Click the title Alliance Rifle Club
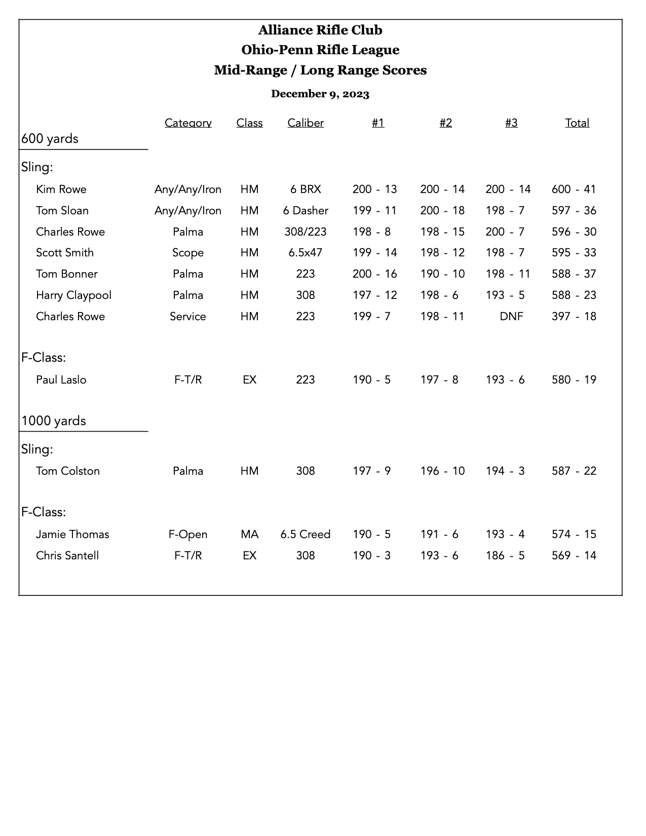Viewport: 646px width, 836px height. click(x=320, y=30)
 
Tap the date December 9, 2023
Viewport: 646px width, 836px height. click(x=320, y=94)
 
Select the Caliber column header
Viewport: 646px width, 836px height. click(x=306, y=123)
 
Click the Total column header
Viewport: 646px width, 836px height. click(x=577, y=123)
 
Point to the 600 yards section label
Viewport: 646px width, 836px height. click(x=50, y=138)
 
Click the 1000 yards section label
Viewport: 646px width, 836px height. click(x=54, y=421)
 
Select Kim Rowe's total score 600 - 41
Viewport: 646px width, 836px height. click(x=574, y=189)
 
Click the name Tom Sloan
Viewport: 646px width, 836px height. click(x=62, y=210)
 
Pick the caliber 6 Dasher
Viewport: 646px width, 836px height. click(x=306, y=210)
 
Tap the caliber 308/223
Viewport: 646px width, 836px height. click(x=306, y=232)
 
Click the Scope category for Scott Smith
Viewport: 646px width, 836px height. click(x=188, y=252)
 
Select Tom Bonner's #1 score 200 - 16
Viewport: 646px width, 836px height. click(x=375, y=274)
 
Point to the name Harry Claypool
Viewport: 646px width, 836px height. click(x=73, y=295)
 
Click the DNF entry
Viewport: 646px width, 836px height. click(x=511, y=316)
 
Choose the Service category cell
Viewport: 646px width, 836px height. click(x=188, y=316)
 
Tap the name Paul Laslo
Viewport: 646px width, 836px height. click(x=61, y=379)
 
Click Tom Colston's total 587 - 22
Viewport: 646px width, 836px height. click(x=574, y=471)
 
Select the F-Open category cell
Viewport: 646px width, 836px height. click(x=188, y=534)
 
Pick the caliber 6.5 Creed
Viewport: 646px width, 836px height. click(x=306, y=534)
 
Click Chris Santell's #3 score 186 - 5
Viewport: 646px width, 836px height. click(x=505, y=555)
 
